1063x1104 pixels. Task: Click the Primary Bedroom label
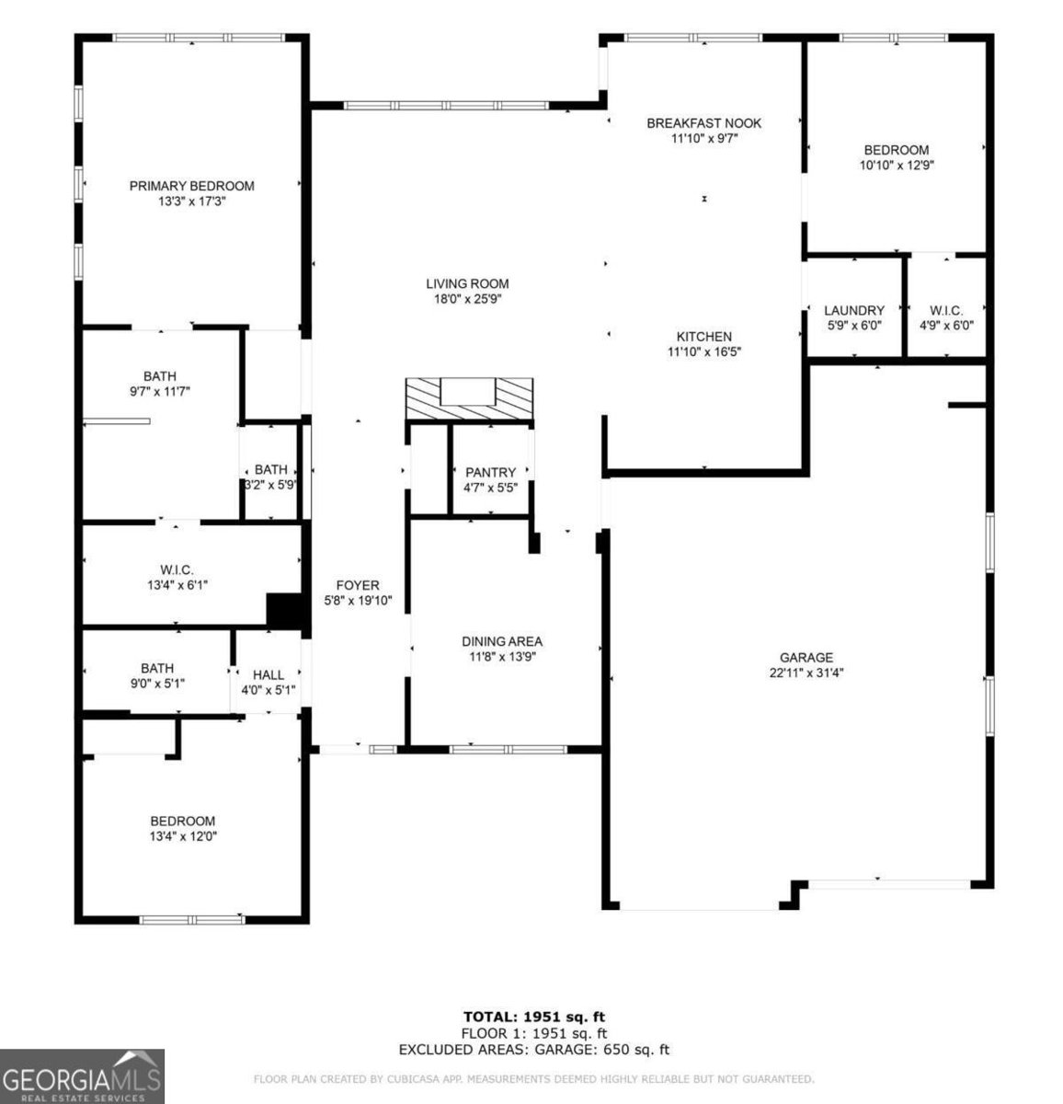pos(191,186)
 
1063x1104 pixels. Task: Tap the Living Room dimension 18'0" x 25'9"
pos(467,299)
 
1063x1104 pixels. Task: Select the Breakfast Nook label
pos(704,123)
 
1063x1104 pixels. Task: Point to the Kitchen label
pos(704,337)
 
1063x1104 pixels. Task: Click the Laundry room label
pos(854,311)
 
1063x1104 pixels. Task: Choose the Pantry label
pos(490,472)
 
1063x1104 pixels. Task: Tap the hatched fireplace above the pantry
pos(469,398)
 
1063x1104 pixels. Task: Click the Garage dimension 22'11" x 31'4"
pos(806,673)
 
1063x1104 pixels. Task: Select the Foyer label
pos(358,586)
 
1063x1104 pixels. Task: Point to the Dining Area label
pos(502,641)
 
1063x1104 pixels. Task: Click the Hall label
pos(269,675)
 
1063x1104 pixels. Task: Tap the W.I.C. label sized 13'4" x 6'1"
pos(177,569)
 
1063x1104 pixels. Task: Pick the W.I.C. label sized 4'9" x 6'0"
pos(946,311)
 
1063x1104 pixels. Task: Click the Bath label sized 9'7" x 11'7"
pos(160,376)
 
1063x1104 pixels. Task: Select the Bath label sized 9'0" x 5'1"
pos(157,669)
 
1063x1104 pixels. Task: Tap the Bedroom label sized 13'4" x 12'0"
pos(183,821)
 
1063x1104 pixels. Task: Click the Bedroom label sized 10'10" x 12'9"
pos(896,150)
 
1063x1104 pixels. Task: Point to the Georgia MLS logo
pos(82,1076)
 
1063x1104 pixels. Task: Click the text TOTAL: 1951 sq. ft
pos(533,1017)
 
